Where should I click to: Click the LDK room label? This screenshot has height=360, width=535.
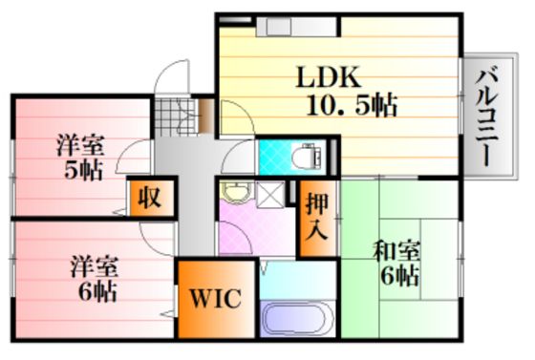329,77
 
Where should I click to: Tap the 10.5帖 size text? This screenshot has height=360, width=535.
353,105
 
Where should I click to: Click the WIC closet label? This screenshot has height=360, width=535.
215,298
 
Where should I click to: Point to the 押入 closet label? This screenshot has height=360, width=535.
317,218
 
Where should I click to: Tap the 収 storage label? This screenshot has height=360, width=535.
149,198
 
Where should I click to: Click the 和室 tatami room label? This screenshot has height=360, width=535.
397,253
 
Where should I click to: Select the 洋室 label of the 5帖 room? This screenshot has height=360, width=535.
80,146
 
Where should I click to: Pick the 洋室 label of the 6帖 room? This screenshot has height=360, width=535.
95,267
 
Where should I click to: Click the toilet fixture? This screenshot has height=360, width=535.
307,157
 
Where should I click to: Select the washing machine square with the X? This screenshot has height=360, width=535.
270,194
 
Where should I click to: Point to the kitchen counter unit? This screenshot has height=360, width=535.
297,27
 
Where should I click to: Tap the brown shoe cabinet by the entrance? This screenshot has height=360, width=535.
206,116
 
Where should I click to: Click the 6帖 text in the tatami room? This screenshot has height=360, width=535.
400,276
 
